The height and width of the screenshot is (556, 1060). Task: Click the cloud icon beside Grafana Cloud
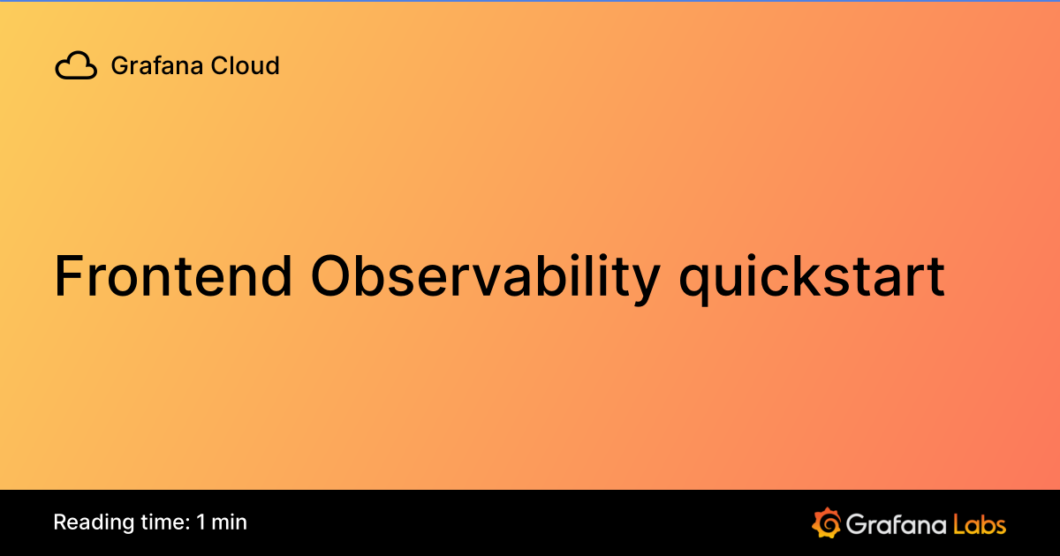point(76,66)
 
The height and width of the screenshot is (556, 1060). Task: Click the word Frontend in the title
point(173,275)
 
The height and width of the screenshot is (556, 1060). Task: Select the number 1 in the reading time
point(201,522)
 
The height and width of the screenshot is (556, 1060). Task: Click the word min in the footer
point(229,522)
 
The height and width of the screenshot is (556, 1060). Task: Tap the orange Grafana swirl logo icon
point(825,522)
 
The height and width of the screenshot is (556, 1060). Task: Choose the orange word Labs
point(980,523)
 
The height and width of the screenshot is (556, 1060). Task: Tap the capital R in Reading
point(60,522)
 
